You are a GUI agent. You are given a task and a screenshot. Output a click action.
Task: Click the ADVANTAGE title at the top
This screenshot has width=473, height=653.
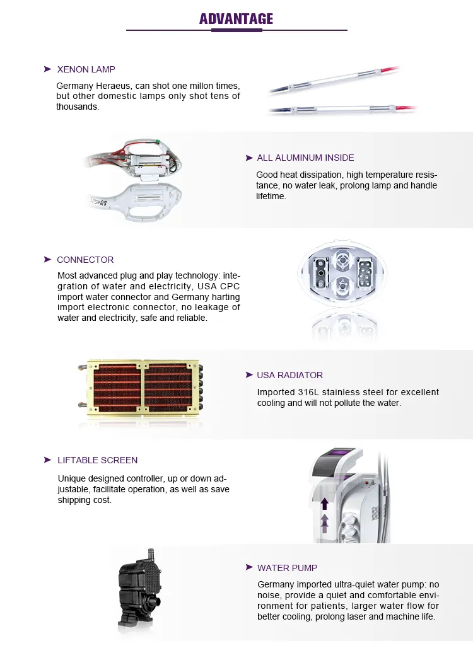237,19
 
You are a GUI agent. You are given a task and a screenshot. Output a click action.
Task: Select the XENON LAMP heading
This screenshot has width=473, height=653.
86,69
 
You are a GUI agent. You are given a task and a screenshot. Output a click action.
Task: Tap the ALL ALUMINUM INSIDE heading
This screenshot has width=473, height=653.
305,158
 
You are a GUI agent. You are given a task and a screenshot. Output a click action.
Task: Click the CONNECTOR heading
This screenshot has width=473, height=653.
85,260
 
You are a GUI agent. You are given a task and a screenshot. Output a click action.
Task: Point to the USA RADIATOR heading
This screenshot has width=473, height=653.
289,375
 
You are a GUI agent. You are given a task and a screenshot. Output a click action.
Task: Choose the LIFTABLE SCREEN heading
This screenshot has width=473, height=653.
97,460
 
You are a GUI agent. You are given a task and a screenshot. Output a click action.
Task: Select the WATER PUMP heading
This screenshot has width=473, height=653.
287,568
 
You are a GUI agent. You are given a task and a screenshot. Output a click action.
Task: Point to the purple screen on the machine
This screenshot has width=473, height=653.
341,454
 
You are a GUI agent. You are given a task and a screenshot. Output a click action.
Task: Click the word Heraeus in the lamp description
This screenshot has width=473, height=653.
110,85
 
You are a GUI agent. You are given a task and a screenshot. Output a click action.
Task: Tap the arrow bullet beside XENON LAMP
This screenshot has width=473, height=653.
47,69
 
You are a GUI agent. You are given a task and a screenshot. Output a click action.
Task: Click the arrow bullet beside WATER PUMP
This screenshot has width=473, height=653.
249,568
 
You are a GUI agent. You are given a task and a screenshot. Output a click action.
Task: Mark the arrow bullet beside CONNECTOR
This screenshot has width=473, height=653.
47,260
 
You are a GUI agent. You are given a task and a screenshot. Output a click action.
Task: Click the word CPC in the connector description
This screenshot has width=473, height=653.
228,286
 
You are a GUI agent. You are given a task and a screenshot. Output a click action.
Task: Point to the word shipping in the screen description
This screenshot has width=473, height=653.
74,500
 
